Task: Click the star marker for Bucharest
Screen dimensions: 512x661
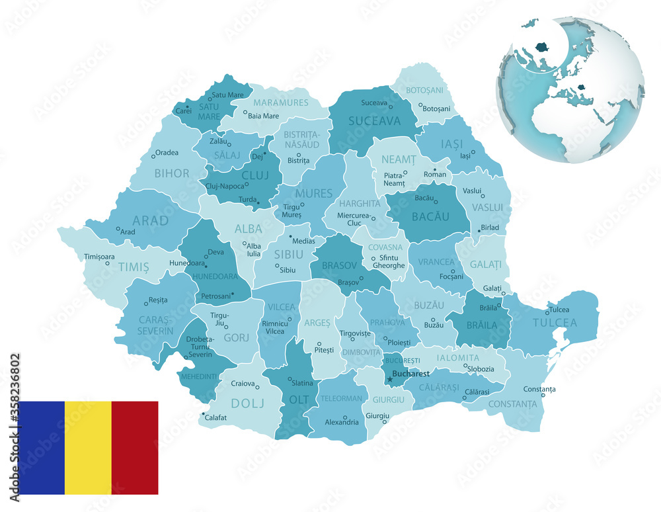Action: (x=390, y=379)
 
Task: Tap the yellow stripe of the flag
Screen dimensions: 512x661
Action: (x=88, y=447)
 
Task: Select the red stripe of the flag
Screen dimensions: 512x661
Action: (x=135, y=447)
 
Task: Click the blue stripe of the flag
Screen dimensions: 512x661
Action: (x=42, y=447)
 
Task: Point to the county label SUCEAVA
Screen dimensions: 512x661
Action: (x=375, y=121)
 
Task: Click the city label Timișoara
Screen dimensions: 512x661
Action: (x=99, y=256)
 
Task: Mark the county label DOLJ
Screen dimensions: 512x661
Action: (x=246, y=402)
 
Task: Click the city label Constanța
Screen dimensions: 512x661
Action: (x=539, y=389)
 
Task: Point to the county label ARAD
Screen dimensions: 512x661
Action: (x=151, y=220)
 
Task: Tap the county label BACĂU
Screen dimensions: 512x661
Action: (x=430, y=216)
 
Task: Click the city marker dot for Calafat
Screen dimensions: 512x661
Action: (x=202, y=414)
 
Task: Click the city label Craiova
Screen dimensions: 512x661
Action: (x=243, y=383)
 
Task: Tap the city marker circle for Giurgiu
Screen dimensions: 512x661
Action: (x=387, y=416)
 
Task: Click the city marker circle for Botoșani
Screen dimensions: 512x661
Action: (x=420, y=105)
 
